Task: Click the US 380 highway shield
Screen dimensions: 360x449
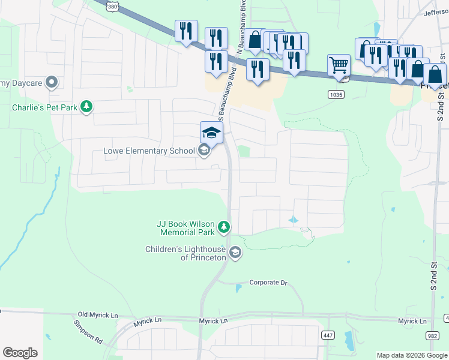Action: pos(113,5)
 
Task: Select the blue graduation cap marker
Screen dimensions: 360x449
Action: pos(211,132)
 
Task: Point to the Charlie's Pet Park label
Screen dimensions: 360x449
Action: pos(45,107)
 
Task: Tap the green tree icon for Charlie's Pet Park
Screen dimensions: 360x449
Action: pos(87,107)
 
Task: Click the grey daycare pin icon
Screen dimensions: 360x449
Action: pos(52,82)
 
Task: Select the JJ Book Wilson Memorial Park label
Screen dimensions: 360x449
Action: pos(185,227)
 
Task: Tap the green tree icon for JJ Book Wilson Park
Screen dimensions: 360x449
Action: pos(224,227)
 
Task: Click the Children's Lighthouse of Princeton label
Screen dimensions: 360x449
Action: pos(185,253)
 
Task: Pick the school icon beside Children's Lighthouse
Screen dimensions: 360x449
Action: pos(235,253)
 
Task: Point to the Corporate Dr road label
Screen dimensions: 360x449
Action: pos(268,283)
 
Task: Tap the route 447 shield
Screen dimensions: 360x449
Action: pos(327,335)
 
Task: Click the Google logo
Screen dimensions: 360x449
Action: pos(20,353)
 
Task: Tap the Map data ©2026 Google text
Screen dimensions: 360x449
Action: pos(412,355)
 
